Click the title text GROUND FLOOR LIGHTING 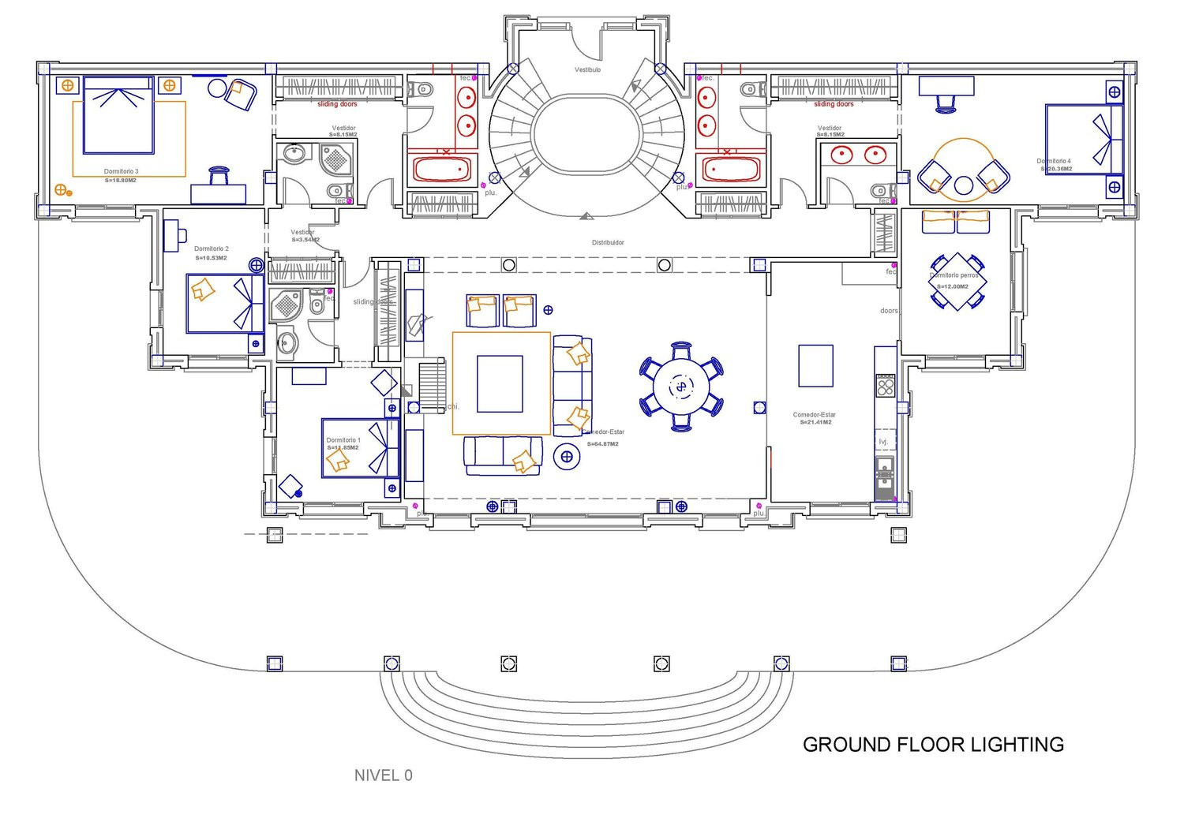(933, 745)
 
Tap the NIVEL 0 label (383, 775)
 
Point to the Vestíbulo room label (587, 69)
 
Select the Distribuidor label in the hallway (608, 242)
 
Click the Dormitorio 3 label (121, 171)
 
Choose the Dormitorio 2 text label (211, 248)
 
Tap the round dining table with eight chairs (680, 387)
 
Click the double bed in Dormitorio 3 (118, 115)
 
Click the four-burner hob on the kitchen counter (885, 387)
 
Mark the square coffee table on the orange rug (500, 383)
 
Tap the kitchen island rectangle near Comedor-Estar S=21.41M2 (815, 365)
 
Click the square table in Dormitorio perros (957, 282)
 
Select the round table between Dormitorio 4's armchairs (963, 185)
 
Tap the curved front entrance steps (586, 710)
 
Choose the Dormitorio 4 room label (1054, 161)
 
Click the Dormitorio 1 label (343, 440)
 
